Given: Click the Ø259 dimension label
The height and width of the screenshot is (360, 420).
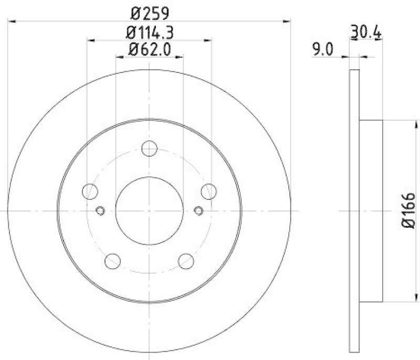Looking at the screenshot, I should coord(150,11).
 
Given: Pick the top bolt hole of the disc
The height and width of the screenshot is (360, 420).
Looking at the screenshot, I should coord(150,148).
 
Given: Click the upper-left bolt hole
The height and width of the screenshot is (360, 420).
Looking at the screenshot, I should coord(91,192).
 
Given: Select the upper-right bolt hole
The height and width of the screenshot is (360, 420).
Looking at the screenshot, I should coord(209,192).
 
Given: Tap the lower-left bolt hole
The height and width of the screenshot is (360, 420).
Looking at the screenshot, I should coord(113,260).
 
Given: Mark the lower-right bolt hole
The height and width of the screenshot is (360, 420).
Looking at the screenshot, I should coord(186,260).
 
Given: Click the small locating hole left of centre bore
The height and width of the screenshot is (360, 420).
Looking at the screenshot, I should coord(101,211).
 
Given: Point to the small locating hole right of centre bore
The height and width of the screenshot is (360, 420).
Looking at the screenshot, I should coord(198,211).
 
